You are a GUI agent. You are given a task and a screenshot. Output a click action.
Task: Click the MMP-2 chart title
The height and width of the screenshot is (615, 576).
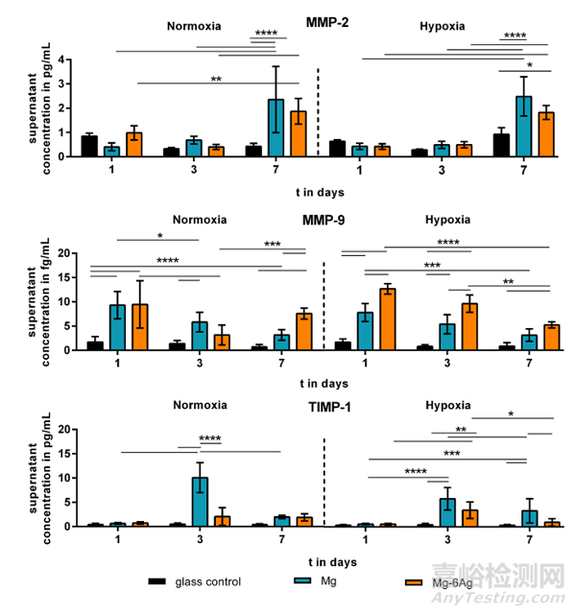click(x=327, y=21)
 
